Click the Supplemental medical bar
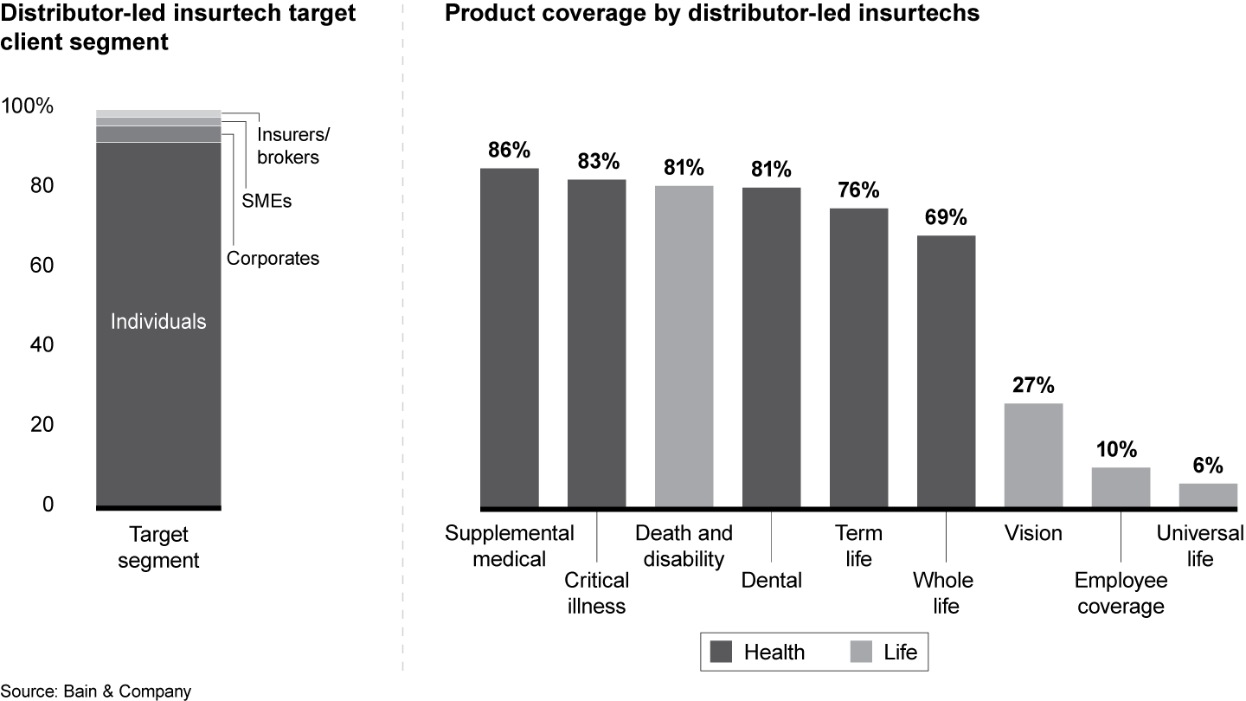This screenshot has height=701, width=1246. (510, 338)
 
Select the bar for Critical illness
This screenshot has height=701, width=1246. (597, 343)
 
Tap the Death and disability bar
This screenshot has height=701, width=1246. (684, 346)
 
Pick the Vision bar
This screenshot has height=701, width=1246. (1034, 455)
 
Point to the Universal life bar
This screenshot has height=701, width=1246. (1209, 495)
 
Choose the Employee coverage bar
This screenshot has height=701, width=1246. (1121, 487)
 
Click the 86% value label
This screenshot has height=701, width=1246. (509, 150)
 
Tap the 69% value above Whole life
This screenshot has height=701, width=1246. (946, 217)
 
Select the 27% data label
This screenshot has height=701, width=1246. (1033, 385)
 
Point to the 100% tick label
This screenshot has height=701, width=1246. (28, 107)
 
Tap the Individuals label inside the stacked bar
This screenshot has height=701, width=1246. (159, 322)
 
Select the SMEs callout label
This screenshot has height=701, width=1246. (267, 202)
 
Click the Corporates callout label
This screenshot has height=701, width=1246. (273, 258)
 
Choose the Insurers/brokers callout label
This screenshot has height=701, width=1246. (293, 146)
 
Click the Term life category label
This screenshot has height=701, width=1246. (858, 545)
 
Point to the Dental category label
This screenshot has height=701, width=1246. (772, 580)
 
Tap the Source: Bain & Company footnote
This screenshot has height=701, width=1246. (96, 691)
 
